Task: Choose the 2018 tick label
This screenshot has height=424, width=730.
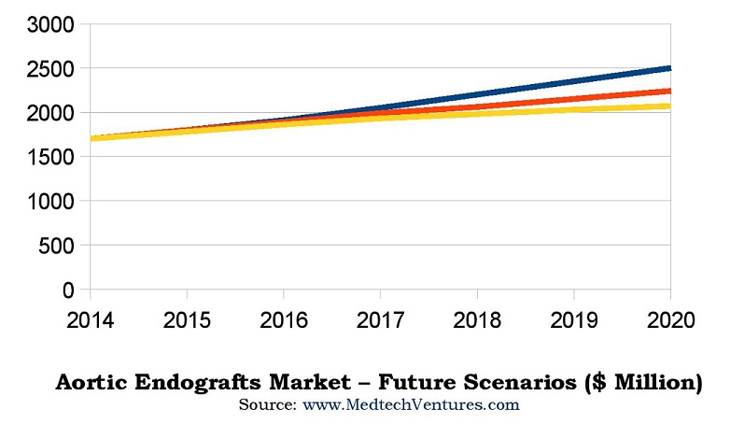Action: tap(479, 319)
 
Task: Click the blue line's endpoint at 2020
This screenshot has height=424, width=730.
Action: tap(668, 68)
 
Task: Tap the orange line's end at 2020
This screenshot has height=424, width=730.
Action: tap(668, 92)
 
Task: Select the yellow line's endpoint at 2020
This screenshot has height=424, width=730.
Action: tap(668, 106)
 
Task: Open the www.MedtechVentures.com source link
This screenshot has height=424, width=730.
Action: tap(409, 404)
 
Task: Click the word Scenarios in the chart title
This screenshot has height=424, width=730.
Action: tap(522, 383)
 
